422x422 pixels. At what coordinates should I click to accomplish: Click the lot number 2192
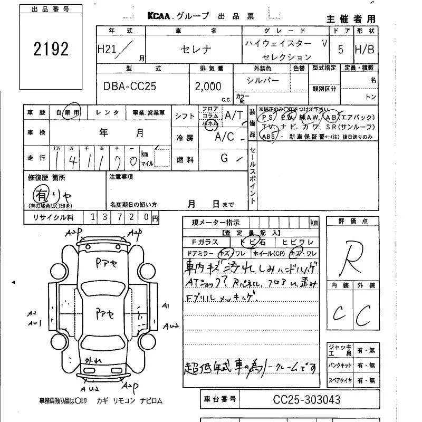[x=51, y=49]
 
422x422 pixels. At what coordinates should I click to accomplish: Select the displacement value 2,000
[x=208, y=86]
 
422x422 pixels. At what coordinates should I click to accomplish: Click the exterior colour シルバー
[x=262, y=80]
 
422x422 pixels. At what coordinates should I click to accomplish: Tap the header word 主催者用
[x=351, y=19]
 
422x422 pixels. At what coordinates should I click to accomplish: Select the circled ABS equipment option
[x=268, y=136]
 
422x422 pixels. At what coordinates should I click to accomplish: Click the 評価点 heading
[x=353, y=222]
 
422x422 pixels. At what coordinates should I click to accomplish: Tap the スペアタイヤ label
[x=340, y=380]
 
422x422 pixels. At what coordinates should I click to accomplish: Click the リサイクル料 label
[x=54, y=217]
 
